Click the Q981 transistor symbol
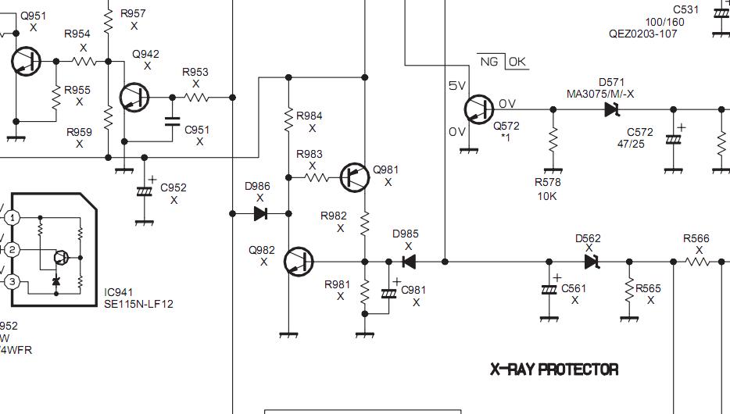[355, 177]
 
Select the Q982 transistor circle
[299, 262]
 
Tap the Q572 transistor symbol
[478, 109]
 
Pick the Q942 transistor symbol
[134, 98]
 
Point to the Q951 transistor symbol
[26, 61]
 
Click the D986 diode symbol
[261, 213]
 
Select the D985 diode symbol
[409, 262]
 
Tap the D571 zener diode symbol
[612, 110]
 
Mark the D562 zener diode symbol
[592, 262]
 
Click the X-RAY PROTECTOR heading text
[554, 369]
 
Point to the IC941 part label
[118, 292]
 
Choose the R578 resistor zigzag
[553, 141]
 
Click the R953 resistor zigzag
[197, 98]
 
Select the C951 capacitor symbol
[172, 122]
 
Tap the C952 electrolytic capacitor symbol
[145, 191]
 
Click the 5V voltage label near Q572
[456, 86]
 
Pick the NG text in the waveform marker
[489, 62]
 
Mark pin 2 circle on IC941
[12, 249]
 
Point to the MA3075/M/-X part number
[600, 94]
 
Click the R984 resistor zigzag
[288, 120]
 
